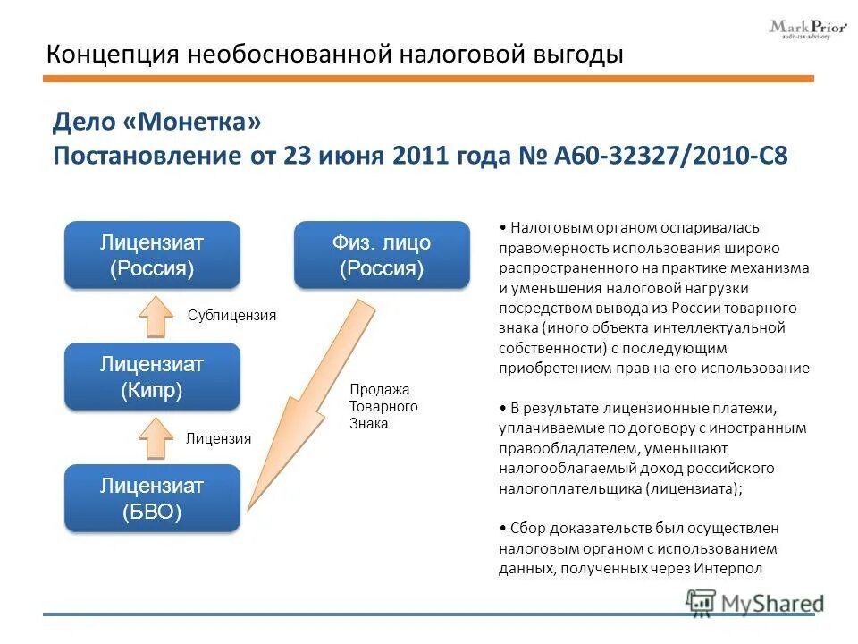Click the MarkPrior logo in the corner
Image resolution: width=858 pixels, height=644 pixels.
(x=807, y=28)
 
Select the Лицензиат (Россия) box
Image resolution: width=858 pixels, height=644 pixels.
(x=152, y=255)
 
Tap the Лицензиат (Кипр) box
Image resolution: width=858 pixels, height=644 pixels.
(x=152, y=377)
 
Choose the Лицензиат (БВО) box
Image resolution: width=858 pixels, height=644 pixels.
(x=152, y=498)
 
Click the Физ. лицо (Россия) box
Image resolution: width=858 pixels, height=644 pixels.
(x=382, y=255)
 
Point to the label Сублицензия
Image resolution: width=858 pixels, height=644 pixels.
(x=231, y=316)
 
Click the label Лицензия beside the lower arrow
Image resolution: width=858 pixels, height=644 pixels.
(x=218, y=438)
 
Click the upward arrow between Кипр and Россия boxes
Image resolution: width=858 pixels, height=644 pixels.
(x=157, y=315)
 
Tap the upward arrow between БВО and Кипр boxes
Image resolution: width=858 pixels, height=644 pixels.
(x=157, y=437)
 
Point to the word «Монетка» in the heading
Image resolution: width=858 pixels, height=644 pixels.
(x=205, y=121)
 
